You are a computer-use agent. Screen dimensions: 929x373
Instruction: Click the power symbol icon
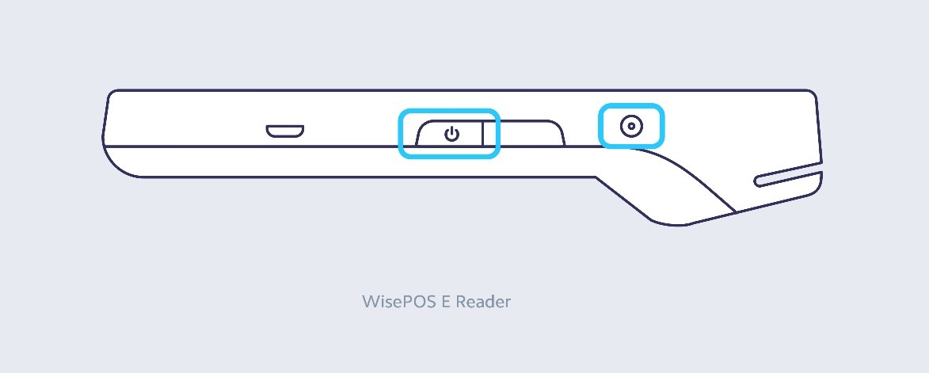click(452, 134)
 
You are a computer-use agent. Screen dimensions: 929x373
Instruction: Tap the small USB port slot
click(285, 131)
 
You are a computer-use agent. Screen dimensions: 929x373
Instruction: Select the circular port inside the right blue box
click(631, 125)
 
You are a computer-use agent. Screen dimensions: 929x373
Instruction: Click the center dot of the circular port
click(631, 125)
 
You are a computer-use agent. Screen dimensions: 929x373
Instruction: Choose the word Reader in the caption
click(483, 302)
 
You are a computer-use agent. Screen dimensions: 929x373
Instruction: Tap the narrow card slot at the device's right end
click(788, 178)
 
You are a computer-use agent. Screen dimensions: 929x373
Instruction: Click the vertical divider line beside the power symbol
click(483, 133)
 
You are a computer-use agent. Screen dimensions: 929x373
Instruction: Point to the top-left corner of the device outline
click(110, 93)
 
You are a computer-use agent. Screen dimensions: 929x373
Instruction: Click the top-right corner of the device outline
click(813, 93)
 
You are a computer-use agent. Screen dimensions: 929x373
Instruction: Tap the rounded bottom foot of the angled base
click(669, 223)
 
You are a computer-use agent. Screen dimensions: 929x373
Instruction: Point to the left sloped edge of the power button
click(418, 133)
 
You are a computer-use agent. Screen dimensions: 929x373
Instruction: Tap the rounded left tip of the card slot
click(756, 181)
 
